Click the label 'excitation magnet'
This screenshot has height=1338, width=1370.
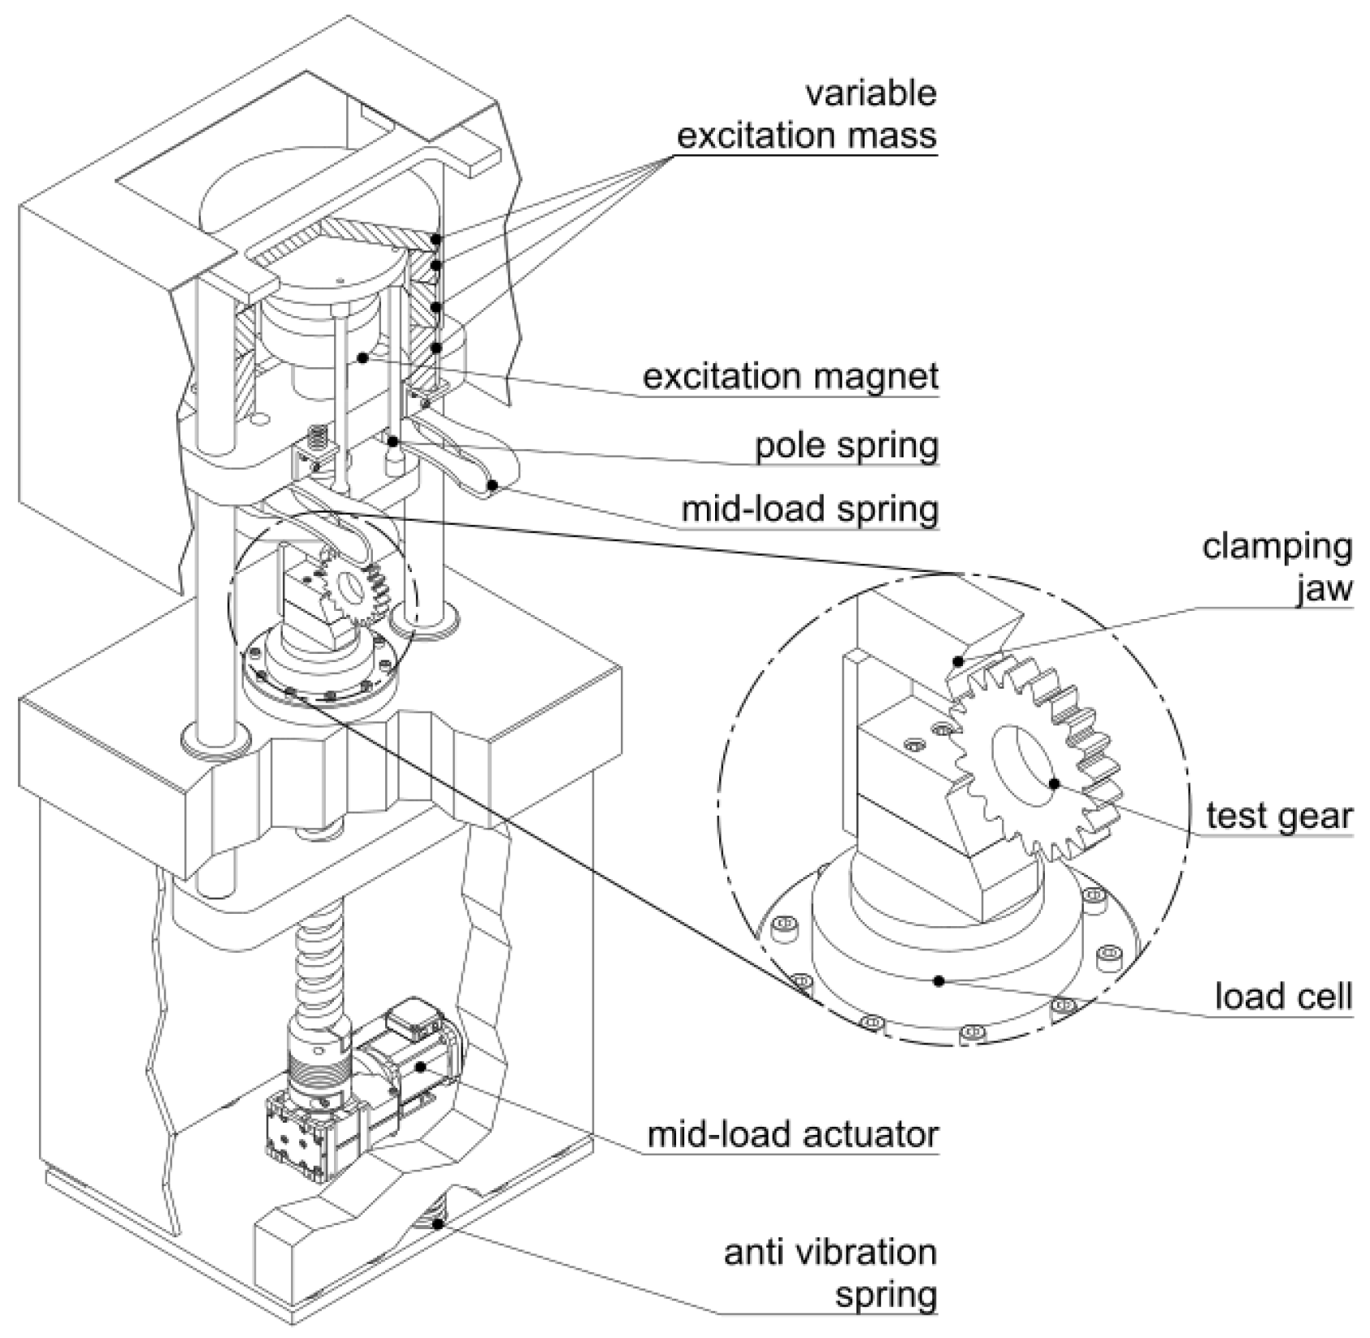(x=790, y=376)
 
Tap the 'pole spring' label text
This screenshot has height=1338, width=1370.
(x=847, y=445)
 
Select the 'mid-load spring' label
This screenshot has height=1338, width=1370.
(x=809, y=509)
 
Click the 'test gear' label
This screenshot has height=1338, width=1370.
(x=1278, y=815)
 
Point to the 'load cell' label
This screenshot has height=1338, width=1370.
(x=1283, y=995)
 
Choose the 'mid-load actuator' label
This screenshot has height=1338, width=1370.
(x=792, y=1133)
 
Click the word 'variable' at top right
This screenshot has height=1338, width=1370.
(x=870, y=93)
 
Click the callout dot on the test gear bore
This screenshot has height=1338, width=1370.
(x=1055, y=784)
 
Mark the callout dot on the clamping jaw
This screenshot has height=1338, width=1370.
(x=960, y=661)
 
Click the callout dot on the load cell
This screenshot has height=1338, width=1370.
(x=939, y=981)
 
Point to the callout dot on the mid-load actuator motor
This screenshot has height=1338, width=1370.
(x=420, y=1066)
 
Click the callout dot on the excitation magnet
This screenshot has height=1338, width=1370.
(x=362, y=357)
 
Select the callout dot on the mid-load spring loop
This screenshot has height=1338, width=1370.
(x=492, y=485)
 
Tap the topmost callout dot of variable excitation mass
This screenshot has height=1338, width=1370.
(x=436, y=240)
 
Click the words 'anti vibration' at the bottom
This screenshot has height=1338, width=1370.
(x=830, y=1252)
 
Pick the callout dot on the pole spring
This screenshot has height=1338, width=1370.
(x=392, y=442)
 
